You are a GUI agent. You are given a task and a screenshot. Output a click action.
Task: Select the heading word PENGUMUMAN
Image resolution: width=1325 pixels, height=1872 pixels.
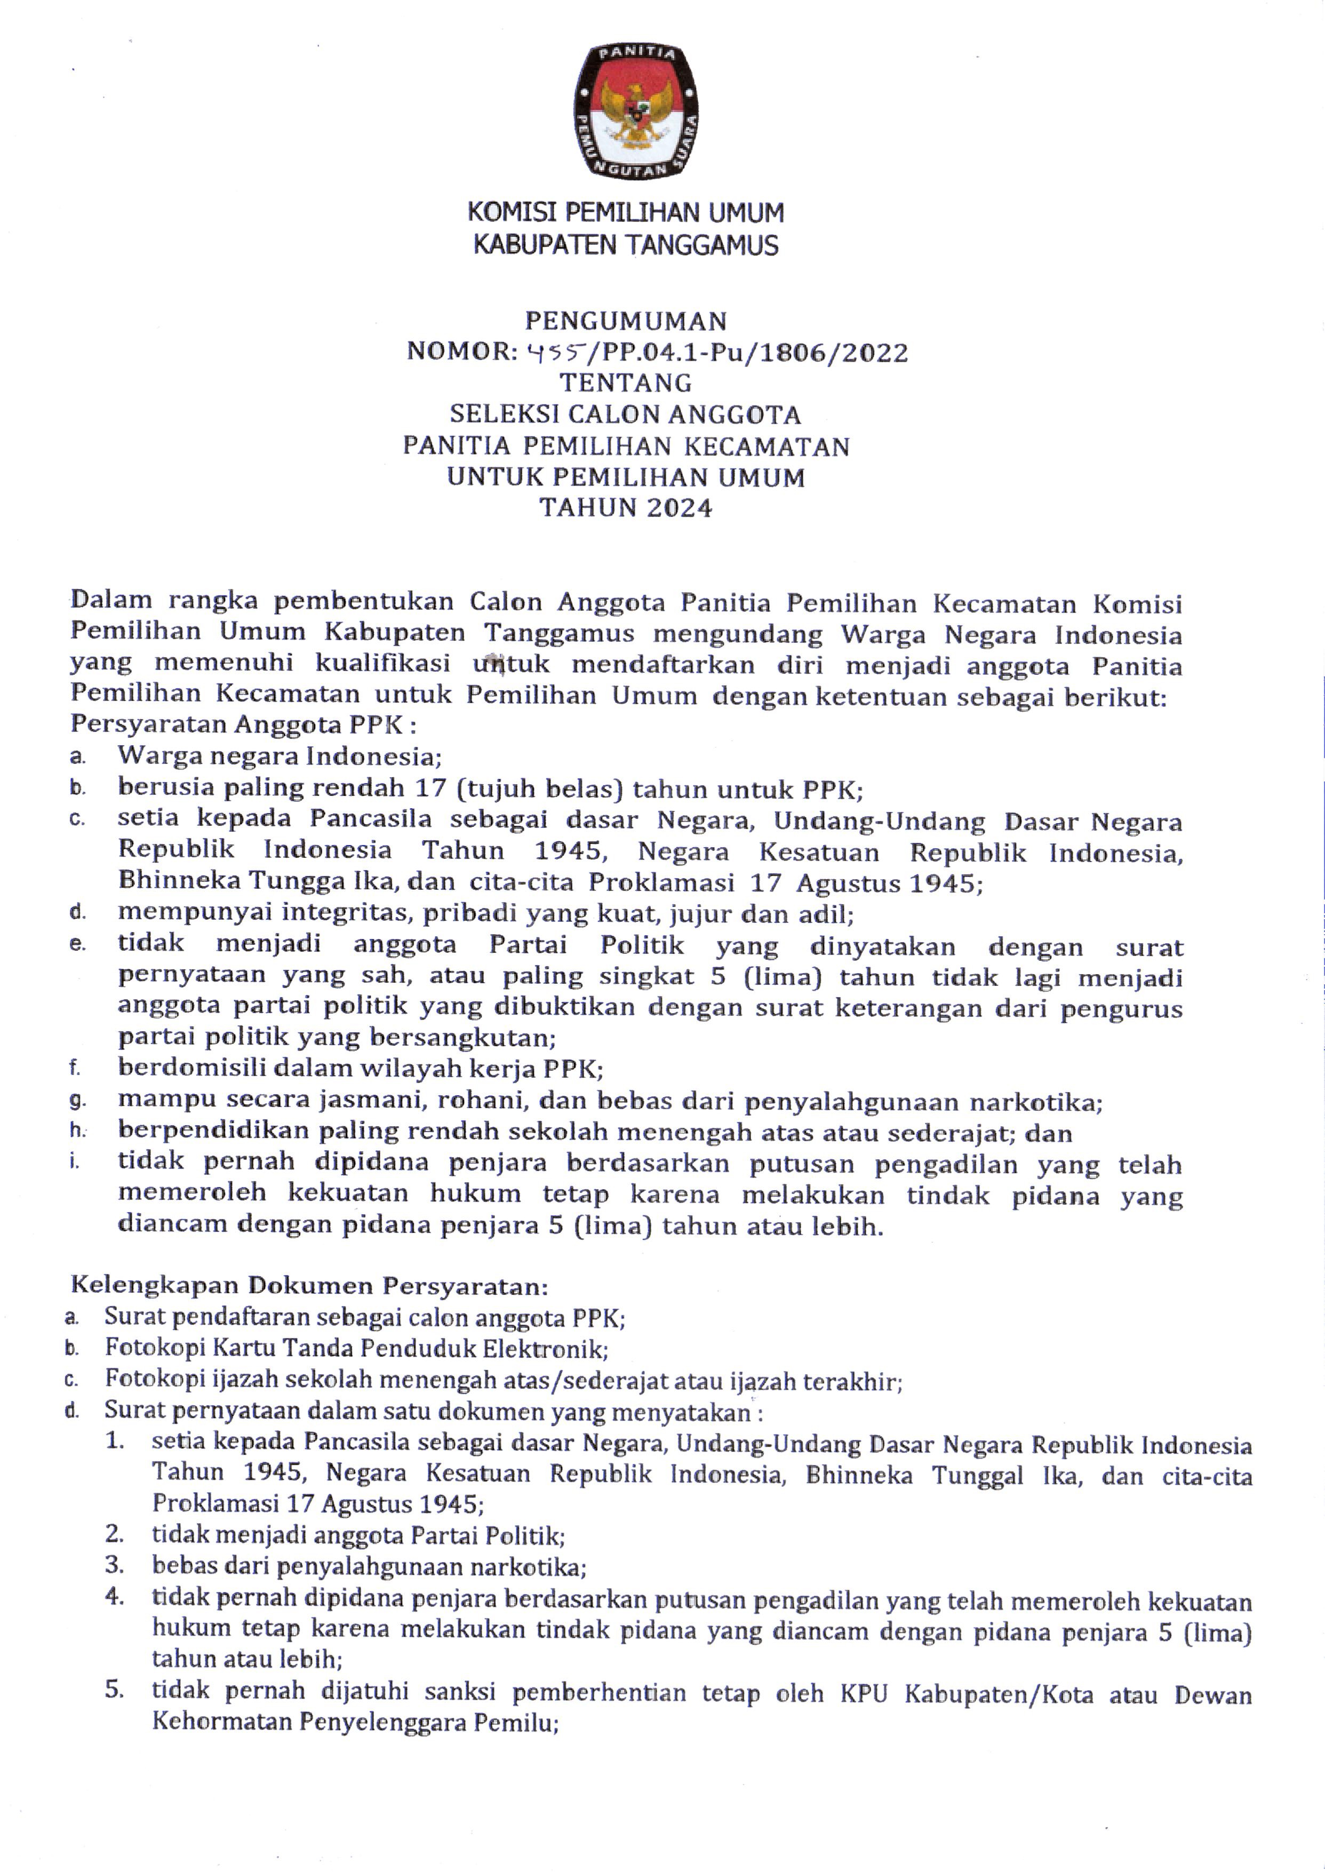(x=625, y=320)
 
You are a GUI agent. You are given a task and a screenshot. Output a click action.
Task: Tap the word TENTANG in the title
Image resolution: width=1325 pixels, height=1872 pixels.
(x=625, y=383)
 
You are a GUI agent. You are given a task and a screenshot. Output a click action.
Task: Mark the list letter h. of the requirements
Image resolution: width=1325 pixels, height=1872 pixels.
(x=77, y=1132)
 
